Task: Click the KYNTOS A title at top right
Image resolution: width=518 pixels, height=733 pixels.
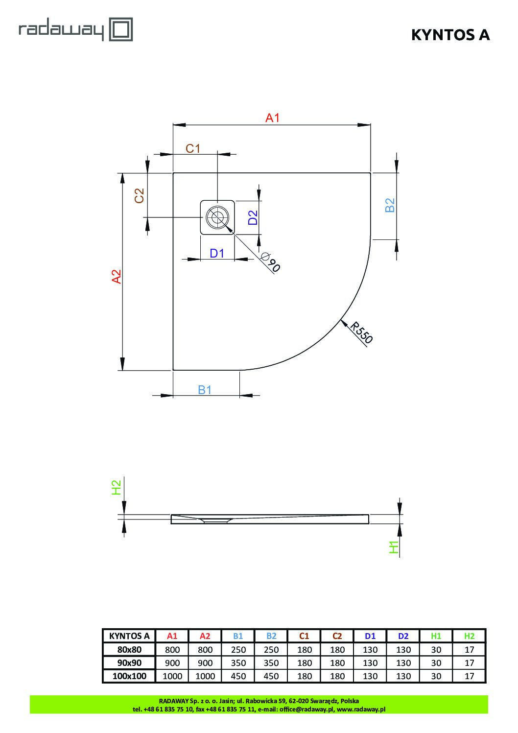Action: point(450,35)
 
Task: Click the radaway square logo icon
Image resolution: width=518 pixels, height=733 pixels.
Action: point(121,29)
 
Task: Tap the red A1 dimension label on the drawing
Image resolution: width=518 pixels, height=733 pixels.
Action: point(272,118)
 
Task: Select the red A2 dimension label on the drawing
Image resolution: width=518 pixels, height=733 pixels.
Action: point(117,276)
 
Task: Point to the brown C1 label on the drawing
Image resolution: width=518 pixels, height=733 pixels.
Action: point(193,148)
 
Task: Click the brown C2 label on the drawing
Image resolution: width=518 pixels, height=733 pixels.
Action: point(140,196)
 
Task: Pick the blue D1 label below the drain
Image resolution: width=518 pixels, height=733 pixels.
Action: point(216,253)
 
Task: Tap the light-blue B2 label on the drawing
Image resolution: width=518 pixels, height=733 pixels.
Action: point(390,205)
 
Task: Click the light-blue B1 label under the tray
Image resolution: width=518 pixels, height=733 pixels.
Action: point(205,390)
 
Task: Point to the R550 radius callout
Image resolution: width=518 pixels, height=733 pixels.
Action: point(361,332)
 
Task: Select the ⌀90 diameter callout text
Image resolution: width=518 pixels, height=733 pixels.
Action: point(270,262)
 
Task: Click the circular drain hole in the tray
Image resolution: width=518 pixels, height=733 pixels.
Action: point(217,217)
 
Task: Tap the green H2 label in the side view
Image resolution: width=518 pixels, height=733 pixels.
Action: point(117,487)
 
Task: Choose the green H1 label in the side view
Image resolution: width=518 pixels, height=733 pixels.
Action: point(394,547)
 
